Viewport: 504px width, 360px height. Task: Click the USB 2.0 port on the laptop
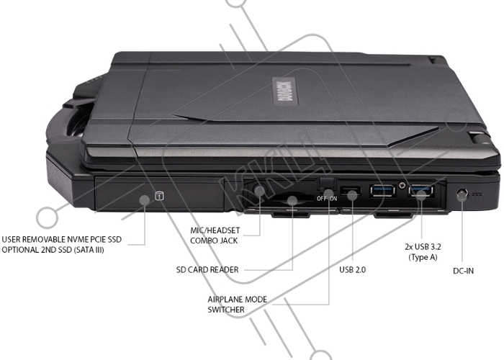[352, 192]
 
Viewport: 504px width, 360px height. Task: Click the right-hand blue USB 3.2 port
[421, 192]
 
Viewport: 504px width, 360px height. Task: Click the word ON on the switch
[333, 196]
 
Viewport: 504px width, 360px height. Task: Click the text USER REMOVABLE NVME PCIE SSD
[67, 240]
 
